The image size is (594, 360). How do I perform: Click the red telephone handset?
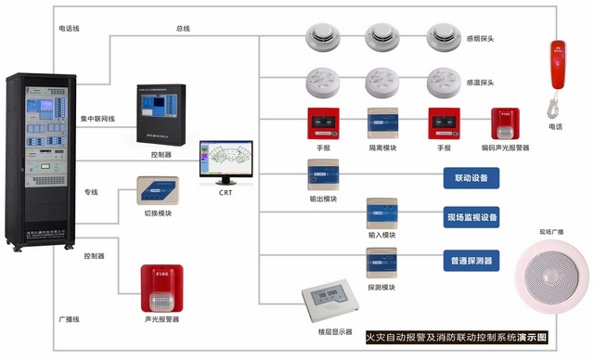point(557,70)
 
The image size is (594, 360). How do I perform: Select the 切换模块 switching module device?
point(161,190)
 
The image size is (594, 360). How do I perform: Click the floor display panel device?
point(329,299)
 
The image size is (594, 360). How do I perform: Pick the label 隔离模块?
point(383,148)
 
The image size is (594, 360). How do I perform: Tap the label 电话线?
point(68,29)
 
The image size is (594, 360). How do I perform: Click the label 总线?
point(184,29)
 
